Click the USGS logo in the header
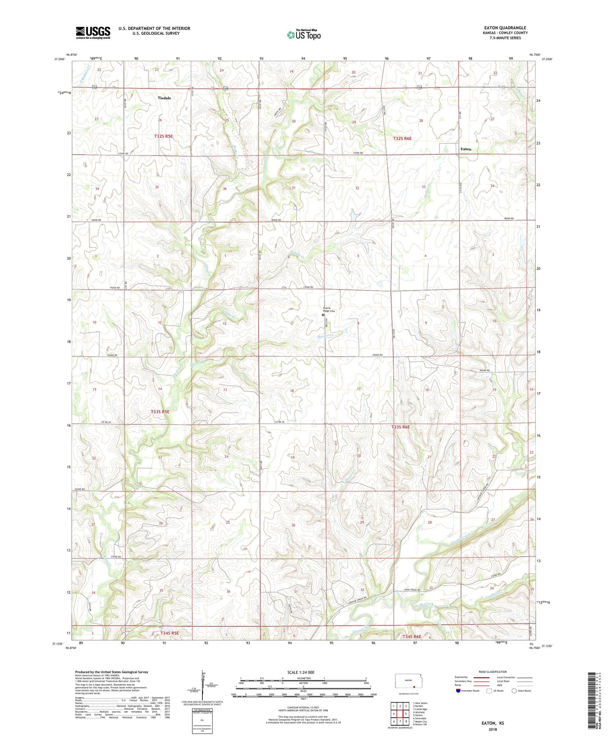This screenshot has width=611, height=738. (x=93, y=33)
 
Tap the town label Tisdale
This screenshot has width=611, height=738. (x=164, y=98)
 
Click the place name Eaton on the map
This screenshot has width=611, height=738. (x=466, y=149)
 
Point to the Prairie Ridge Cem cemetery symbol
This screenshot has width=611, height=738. (x=323, y=315)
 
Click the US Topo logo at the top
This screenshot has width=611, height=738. (x=304, y=35)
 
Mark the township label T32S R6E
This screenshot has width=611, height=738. (x=402, y=138)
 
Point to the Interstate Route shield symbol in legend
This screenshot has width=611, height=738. (x=458, y=691)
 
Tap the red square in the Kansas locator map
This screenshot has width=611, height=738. (x=414, y=687)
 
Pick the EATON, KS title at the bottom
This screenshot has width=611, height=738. (x=493, y=723)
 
